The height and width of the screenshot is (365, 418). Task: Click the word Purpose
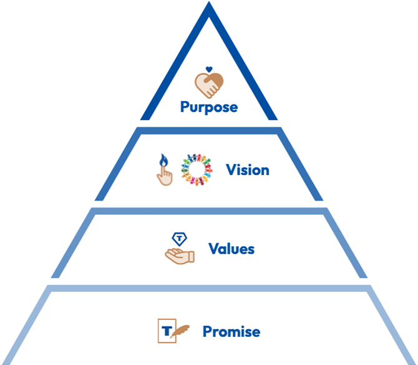[x=209, y=107]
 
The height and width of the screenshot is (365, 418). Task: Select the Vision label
[x=248, y=170]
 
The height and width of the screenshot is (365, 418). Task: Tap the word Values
[x=231, y=249]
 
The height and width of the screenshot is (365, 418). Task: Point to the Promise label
[x=231, y=331]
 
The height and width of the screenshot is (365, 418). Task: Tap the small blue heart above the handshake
[x=209, y=69]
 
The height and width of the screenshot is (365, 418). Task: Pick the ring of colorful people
[x=197, y=170]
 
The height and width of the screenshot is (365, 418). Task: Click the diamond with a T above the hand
[x=180, y=238]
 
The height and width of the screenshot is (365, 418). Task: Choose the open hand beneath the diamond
[x=180, y=254]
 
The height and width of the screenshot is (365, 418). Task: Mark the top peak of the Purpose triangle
[x=209, y=5]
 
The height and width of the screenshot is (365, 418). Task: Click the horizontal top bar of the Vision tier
[x=209, y=130]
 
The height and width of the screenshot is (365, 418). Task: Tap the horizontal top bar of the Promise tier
[x=209, y=288]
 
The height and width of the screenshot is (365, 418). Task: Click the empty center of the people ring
[x=197, y=170]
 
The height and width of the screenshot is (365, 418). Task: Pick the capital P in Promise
[x=207, y=331]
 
